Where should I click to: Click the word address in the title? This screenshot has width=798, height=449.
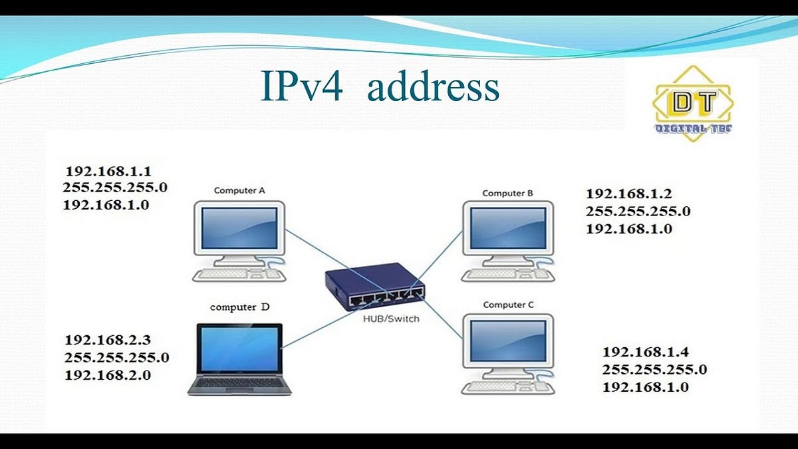[433, 87]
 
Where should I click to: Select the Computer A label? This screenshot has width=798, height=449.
[239, 190]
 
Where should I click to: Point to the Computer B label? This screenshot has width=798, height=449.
[507, 193]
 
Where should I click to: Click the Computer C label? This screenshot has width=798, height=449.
[508, 305]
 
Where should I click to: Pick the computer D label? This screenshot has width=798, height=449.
[240, 307]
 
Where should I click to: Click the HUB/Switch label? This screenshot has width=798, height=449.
[391, 319]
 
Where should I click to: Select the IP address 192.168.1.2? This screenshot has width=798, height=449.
[629, 194]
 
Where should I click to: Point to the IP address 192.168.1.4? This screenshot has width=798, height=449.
[646, 352]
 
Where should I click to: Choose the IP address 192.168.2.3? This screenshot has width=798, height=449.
[108, 340]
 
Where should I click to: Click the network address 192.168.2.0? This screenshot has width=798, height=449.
[108, 375]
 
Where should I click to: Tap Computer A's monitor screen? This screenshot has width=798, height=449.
[239, 227]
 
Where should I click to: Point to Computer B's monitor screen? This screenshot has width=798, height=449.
[508, 229]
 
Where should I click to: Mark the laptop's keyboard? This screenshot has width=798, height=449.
[239, 384]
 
